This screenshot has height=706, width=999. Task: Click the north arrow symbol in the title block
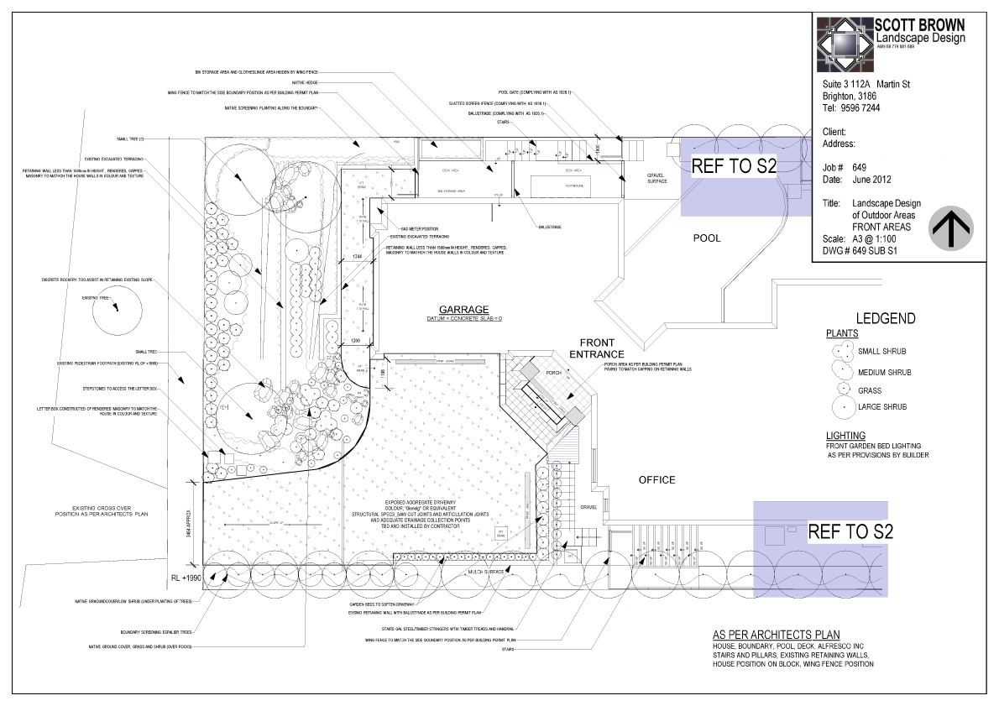click(x=951, y=227)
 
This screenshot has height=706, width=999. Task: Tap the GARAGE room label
click(x=457, y=309)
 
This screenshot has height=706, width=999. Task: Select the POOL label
click(x=706, y=238)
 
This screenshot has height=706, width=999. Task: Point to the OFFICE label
click(x=656, y=480)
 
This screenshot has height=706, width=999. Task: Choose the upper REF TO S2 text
click(x=734, y=166)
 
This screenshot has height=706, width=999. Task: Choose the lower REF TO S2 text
click(x=850, y=531)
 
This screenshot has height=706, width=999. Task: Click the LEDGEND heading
click(x=885, y=319)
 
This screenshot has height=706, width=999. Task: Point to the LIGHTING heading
click(x=850, y=436)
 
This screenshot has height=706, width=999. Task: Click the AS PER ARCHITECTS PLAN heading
click(x=775, y=635)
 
